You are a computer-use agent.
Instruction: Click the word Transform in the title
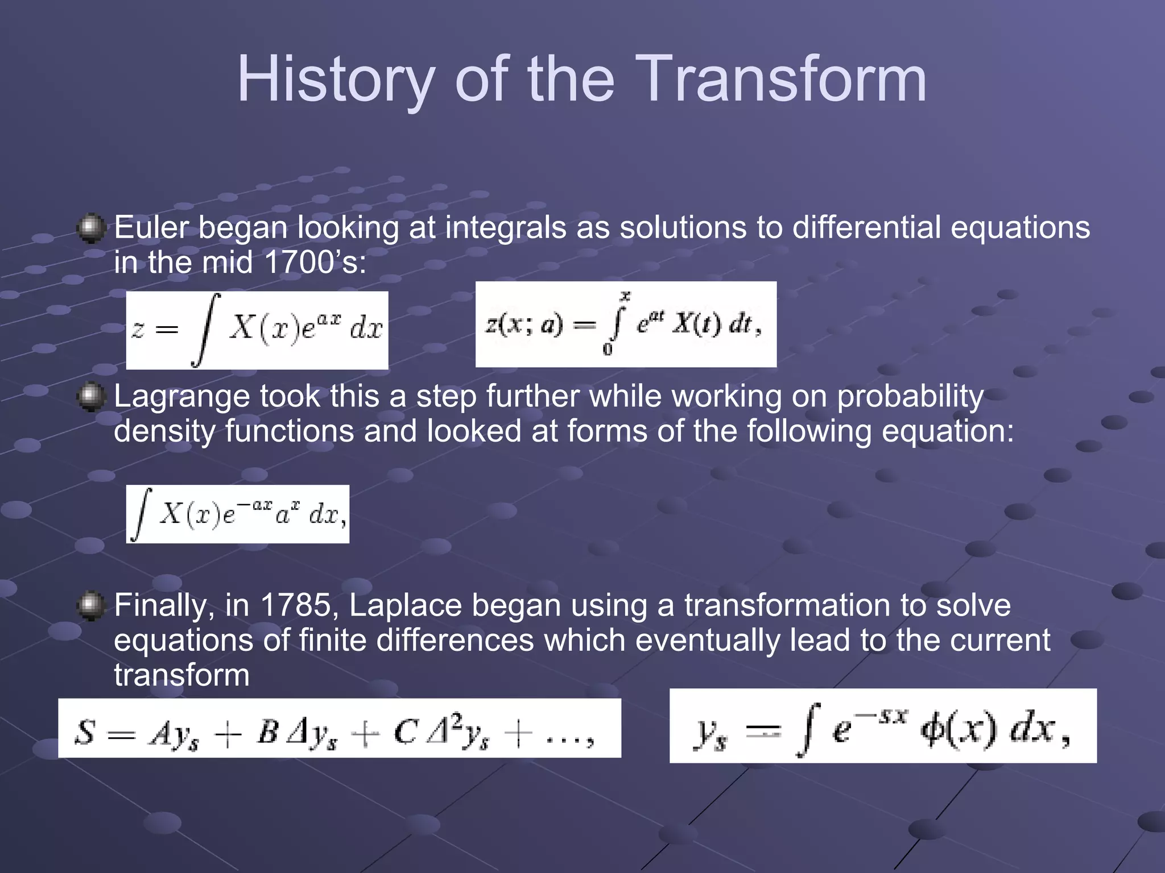[785, 80]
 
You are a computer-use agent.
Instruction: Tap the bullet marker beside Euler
[91, 228]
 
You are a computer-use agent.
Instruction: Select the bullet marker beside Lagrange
[91, 397]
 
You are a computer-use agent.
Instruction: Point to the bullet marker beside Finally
[91, 606]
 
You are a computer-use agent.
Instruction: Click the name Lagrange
[182, 397]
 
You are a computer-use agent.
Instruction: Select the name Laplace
[405, 605]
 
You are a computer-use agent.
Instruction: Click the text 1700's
[316, 263]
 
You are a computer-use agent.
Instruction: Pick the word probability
[910, 397]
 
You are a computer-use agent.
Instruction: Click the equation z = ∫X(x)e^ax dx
[257, 330]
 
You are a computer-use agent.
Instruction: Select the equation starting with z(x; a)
[626, 325]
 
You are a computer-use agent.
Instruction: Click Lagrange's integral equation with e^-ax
[238, 514]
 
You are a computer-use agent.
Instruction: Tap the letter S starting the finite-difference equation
[85, 732]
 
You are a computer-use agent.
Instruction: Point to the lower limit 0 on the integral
[608, 350]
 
